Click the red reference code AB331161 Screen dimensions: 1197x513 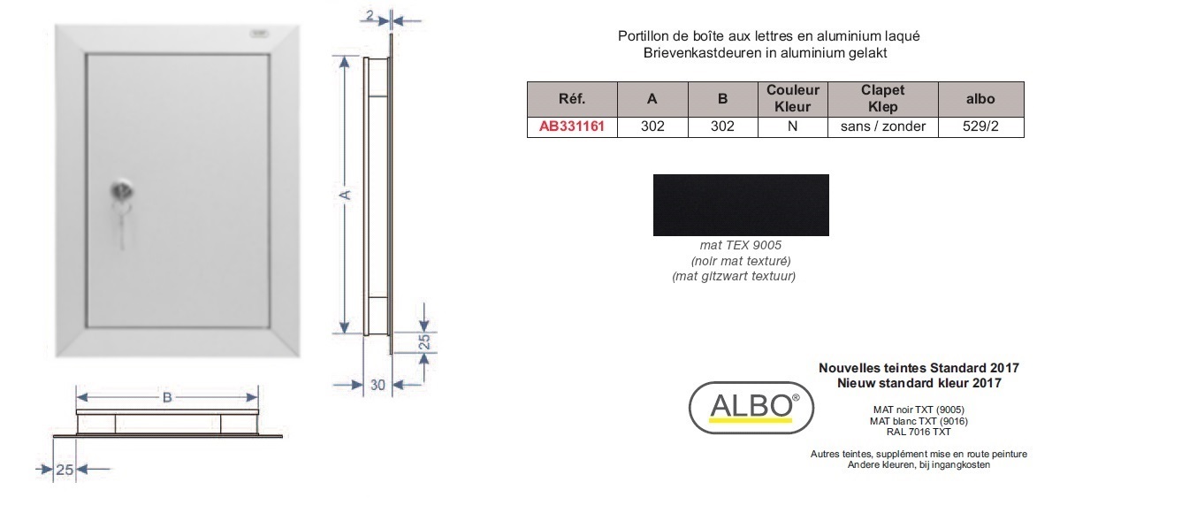click(571, 126)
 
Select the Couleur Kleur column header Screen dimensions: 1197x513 click(792, 99)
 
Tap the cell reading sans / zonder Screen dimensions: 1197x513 click(883, 126)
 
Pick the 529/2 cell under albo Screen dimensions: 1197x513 click(980, 126)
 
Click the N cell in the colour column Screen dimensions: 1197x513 click(792, 126)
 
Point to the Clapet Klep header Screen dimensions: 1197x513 click(883, 99)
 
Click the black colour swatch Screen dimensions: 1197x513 click(741, 204)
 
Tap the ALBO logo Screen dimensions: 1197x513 click(751, 408)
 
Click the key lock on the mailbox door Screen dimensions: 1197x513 click(122, 191)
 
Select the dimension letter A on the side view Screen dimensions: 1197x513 click(345, 195)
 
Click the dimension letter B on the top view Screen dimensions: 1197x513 click(167, 398)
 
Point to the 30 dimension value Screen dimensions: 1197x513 click(377, 385)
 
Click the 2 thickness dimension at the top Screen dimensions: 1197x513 click(370, 16)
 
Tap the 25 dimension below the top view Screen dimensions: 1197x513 click(65, 470)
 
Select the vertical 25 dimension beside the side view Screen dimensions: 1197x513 click(423, 341)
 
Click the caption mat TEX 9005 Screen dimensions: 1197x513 click(741, 245)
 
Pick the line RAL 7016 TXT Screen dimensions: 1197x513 click(919, 432)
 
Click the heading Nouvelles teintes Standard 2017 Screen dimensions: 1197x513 click(919, 368)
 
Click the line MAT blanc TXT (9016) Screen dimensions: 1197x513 click(919, 421)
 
